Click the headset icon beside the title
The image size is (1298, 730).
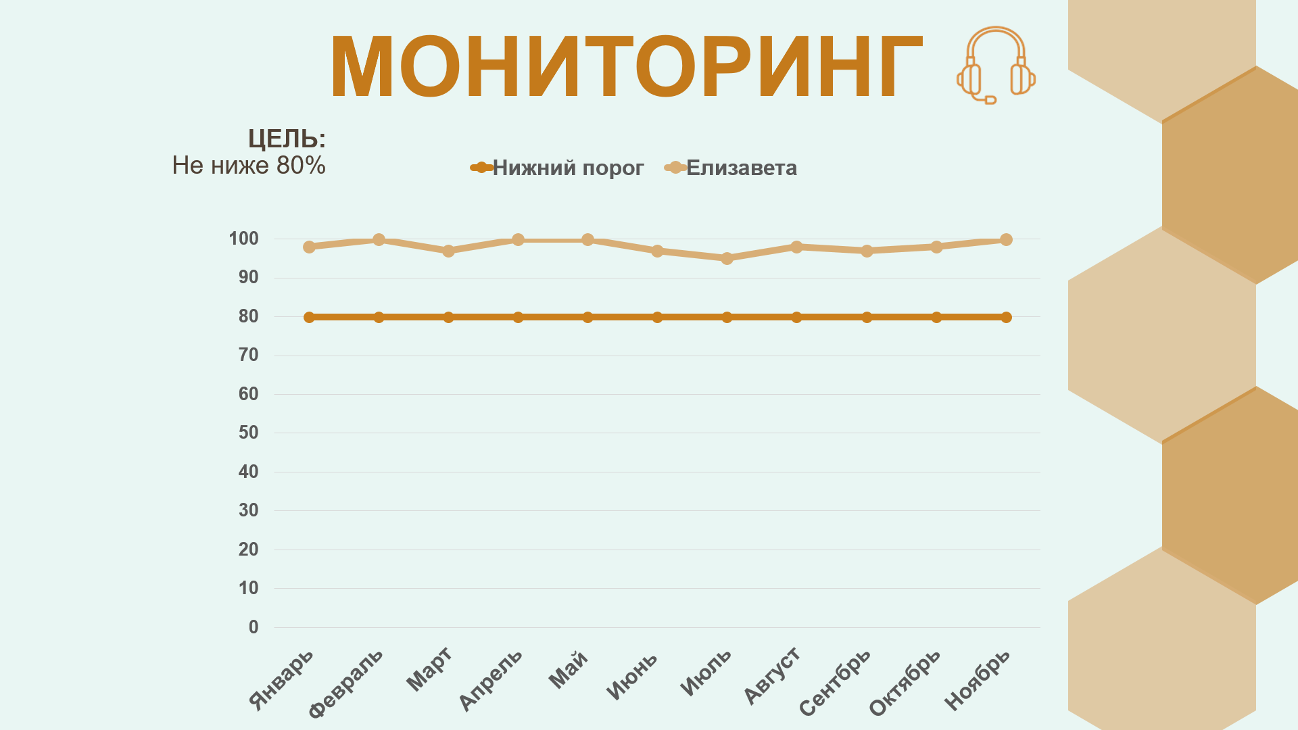point(996,65)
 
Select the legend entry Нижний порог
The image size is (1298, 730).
point(567,168)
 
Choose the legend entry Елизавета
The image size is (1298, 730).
point(741,168)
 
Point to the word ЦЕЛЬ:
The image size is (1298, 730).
point(287,139)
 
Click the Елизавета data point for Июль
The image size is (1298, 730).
point(727,258)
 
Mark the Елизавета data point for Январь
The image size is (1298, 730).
point(309,247)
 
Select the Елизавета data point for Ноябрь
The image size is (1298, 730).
point(1006,240)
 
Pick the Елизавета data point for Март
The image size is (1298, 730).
point(448,251)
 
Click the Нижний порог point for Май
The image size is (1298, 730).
point(587,317)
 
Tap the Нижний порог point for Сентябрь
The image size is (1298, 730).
point(867,317)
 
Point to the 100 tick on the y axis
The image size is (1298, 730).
point(243,239)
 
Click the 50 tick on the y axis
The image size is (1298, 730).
point(248,433)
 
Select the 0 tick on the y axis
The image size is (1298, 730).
point(253,627)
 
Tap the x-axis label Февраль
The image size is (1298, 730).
point(346,683)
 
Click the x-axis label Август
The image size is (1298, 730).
point(772,675)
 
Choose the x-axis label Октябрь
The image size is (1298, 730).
point(905,682)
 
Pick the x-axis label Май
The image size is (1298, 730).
point(568,669)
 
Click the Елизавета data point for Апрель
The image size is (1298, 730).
point(518,240)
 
